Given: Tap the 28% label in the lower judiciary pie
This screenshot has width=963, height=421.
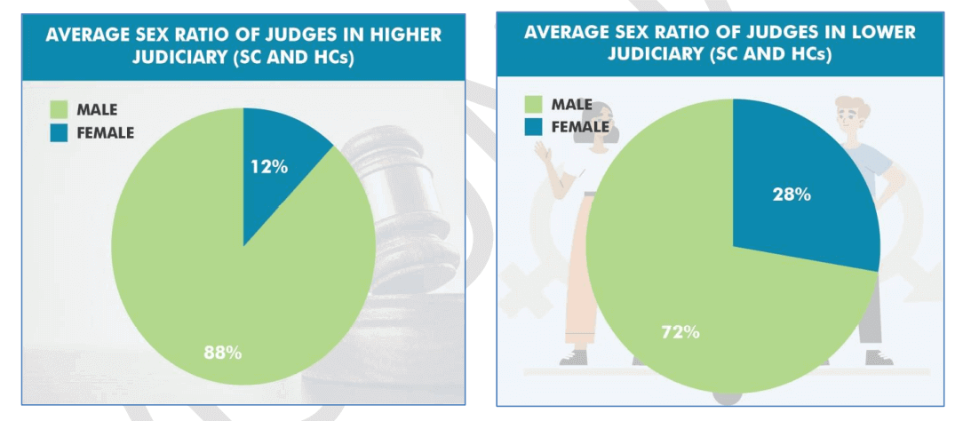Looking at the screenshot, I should point(791,195).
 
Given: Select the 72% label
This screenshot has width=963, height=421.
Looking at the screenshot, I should point(680,332).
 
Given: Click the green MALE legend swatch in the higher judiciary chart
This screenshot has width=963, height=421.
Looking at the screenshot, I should point(58,110).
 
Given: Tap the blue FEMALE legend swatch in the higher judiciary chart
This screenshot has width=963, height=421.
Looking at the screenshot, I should point(58,132).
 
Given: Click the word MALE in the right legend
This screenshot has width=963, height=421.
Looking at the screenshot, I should point(572,105).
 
